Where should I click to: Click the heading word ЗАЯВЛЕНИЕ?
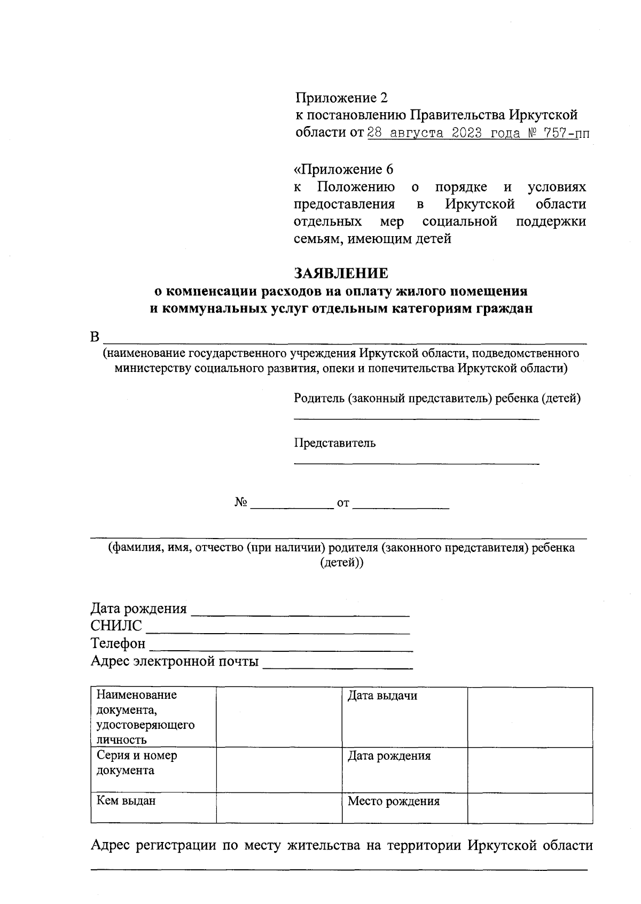pos(342,273)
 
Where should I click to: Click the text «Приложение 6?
pos(343,169)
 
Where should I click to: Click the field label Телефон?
pos(118,643)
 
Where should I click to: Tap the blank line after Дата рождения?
pos(300,612)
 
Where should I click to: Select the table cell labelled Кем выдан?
pos(153,807)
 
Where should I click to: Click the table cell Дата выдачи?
pos(404,716)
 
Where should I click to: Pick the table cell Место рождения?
pos(404,807)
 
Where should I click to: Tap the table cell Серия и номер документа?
pos(153,769)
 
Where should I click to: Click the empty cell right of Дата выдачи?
pos(530,716)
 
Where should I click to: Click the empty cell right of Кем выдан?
pos(279,807)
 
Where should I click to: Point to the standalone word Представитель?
pos(334,443)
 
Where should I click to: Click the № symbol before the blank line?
pos(240,503)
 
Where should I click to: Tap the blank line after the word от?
pos(401,505)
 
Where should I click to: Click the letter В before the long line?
pos(95,338)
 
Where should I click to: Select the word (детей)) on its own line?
pos(342,563)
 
